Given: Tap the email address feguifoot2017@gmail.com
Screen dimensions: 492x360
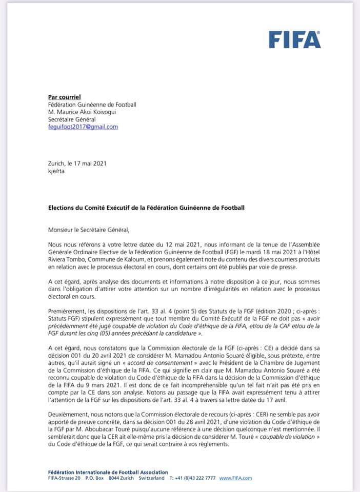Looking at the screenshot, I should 83,127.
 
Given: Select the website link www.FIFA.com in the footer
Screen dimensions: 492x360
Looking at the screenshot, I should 235,478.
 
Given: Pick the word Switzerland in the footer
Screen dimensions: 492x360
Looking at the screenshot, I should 151,478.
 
